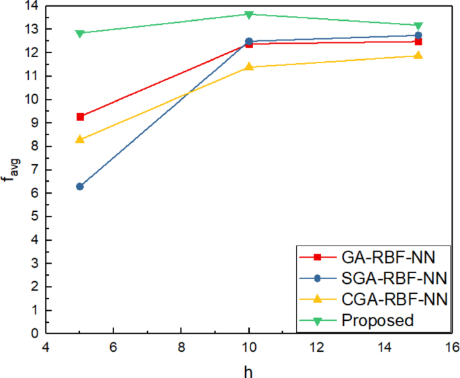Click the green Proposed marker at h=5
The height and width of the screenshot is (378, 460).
click(80, 33)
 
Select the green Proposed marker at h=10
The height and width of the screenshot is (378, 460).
click(249, 14)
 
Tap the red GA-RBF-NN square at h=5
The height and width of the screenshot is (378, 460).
click(80, 117)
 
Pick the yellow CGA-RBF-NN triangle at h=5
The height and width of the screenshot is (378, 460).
click(80, 139)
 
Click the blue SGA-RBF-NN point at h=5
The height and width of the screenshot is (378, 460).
click(80, 186)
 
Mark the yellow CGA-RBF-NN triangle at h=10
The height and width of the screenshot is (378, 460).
click(249, 67)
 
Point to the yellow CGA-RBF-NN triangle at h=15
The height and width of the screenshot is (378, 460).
click(418, 55)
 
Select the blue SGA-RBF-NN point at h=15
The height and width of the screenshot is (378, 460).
click(418, 35)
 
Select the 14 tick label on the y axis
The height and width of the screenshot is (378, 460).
click(30, 6)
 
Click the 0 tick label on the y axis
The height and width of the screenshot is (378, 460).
click(34, 332)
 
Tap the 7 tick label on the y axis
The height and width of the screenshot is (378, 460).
click(34, 170)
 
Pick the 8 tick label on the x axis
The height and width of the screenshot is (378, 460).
click(181, 347)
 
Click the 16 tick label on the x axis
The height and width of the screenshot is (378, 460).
click(452, 347)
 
